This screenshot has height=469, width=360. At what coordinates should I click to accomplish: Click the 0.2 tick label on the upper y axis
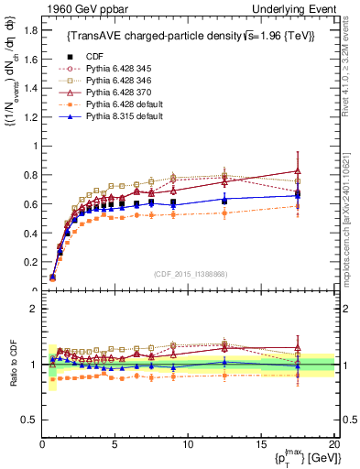coord(30,262)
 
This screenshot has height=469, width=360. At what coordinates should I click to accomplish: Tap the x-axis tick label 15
coord(260,443)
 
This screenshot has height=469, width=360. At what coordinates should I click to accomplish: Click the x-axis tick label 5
coord(115,443)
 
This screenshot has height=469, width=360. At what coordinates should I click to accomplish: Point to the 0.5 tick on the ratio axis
coord(30,420)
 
